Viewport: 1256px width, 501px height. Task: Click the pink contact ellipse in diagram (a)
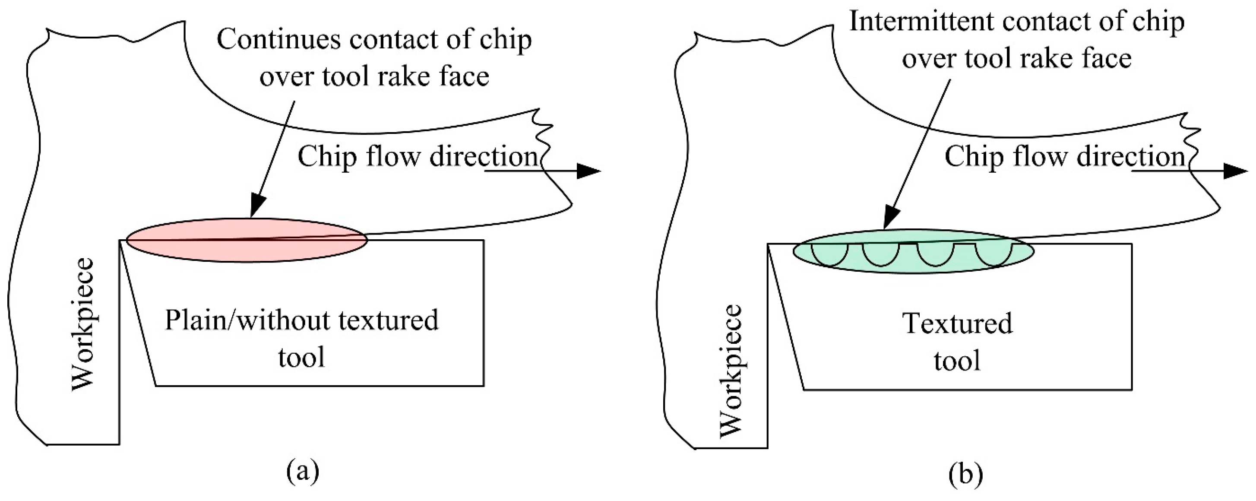tap(246, 241)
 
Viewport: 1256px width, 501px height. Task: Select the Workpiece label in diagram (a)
tap(83, 324)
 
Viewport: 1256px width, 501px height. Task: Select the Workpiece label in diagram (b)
tap(731, 370)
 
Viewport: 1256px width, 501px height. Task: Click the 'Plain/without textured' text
tap(302, 320)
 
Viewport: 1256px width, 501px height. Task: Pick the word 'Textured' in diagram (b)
tap(958, 323)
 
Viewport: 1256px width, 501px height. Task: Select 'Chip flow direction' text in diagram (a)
tap(418, 157)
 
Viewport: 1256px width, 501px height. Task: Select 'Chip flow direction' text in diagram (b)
tap(1065, 157)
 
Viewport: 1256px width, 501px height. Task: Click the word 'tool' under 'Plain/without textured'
tap(302, 357)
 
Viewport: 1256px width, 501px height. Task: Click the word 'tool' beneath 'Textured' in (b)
tap(957, 361)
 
